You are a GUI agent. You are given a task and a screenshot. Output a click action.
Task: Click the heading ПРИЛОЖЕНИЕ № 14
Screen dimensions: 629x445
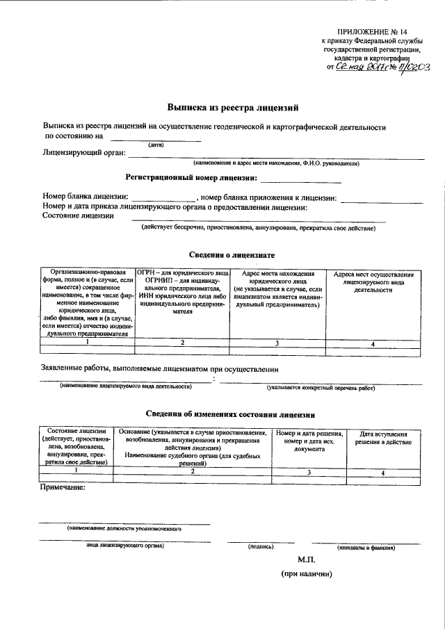373,33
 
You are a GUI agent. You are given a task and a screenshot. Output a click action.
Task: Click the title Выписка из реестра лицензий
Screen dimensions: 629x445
233,108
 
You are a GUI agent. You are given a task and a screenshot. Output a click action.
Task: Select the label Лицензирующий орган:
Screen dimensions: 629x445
84,152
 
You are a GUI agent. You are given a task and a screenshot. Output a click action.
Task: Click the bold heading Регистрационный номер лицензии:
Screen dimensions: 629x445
191,178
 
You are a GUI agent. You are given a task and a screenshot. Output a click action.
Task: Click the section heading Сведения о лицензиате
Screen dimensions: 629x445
232,256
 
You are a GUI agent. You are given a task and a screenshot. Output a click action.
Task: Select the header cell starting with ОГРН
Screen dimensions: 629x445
182,292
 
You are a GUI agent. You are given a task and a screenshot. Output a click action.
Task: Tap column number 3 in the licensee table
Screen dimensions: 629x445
277,343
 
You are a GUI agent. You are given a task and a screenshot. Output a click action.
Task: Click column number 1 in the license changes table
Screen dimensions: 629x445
76,471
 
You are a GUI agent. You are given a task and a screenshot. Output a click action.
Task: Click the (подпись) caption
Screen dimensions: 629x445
260,547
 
